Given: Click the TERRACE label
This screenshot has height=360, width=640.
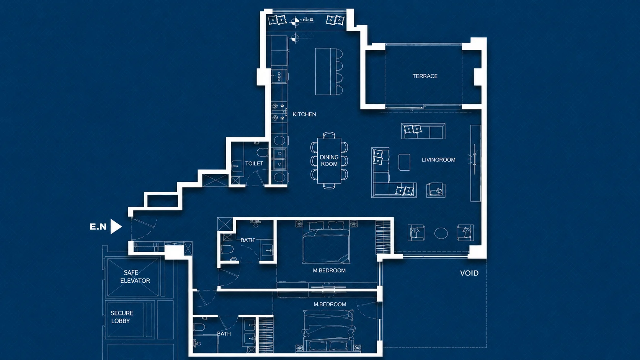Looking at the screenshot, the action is (x=425, y=76).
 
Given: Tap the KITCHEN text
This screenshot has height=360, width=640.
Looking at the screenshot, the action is (x=304, y=114).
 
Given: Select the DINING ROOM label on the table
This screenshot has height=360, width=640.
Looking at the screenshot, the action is (x=329, y=161).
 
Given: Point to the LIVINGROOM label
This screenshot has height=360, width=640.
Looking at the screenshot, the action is (x=439, y=160).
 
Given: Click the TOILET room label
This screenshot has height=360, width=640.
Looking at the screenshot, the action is (x=254, y=164).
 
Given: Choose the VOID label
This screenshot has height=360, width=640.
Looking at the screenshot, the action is (x=469, y=273).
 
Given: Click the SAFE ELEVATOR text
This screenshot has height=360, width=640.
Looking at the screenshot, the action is (x=135, y=277).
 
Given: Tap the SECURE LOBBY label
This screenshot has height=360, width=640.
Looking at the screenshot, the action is (x=122, y=317).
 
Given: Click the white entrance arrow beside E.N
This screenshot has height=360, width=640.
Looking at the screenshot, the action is (x=116, y=227).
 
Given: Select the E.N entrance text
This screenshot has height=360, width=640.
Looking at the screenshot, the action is (x=98, y=227).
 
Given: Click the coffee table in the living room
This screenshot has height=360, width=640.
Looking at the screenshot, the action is (x=404, y=162).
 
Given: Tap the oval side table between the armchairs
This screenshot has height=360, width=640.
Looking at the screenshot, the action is (x=441, y=233).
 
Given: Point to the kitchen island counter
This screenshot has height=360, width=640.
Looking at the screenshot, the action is (x=326, y=72).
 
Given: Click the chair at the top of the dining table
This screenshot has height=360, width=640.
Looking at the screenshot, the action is (x=329, y=135).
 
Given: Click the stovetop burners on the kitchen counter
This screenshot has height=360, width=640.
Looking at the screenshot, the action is (x=278, y=76).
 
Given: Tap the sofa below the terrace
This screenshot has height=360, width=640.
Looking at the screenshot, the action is (x=423, y=131).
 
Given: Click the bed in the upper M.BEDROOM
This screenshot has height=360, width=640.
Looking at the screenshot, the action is (x=326, y=243).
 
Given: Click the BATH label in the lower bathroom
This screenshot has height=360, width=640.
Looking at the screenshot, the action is (x=224, y=334).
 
